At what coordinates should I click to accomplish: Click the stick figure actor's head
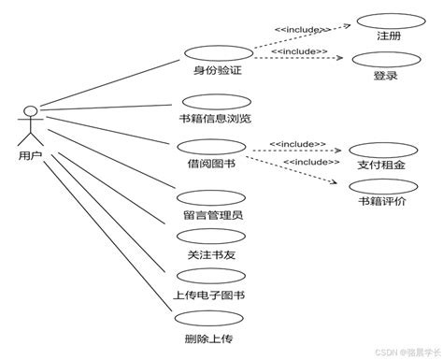point(31,113)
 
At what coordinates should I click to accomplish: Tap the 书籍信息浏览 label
point(215,119)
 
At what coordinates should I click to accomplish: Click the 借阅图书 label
point(210,164)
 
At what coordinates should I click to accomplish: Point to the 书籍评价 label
point(381,201)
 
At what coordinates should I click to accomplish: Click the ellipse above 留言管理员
point(209,197)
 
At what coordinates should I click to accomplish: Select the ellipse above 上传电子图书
point(209,277)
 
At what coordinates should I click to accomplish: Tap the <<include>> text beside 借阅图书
point(297,144)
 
